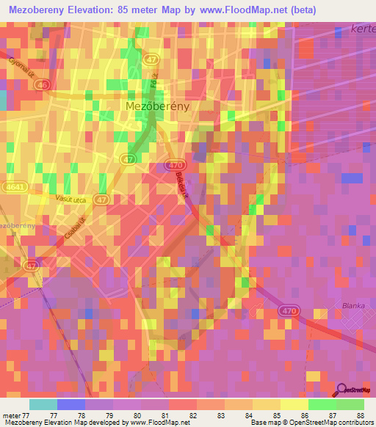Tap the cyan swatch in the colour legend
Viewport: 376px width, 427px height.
point(43,404)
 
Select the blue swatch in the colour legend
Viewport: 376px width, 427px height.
point(71,404)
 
